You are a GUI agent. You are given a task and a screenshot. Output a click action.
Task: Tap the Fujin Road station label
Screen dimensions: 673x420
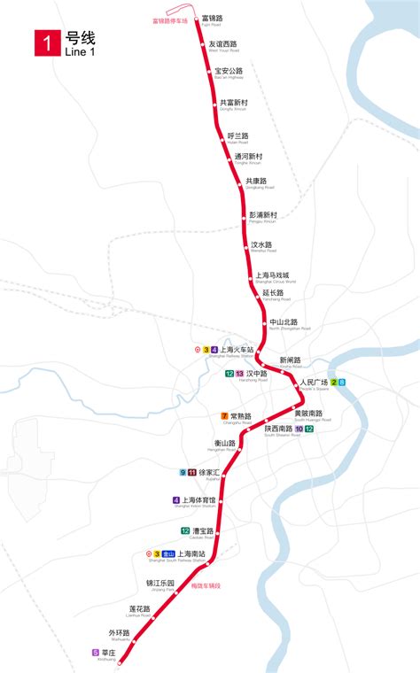tap(212, 20)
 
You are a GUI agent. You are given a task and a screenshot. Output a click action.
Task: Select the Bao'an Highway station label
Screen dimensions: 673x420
tap(228, 73)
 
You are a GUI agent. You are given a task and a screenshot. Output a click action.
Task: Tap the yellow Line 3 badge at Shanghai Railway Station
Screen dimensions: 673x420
tap(206, 351)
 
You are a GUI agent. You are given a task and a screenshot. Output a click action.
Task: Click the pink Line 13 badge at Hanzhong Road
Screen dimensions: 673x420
tap(239, 375)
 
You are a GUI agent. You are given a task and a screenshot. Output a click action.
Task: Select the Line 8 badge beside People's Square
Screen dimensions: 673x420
tap(342, 383)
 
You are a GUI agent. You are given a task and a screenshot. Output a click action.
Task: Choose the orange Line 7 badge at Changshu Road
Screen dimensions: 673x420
tap(224, 416)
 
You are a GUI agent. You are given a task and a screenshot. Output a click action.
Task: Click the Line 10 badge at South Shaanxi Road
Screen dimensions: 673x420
tap(299, 429)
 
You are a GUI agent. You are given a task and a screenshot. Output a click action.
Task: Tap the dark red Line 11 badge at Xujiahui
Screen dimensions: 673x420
tap(192, 472)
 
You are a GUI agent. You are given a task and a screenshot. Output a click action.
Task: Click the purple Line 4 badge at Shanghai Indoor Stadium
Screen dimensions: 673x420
tap(176, 500)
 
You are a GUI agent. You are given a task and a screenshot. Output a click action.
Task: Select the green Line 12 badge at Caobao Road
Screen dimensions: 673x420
tap(185, 531)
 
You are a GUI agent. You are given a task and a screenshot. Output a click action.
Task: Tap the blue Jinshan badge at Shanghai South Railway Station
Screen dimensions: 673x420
tap(167, 554)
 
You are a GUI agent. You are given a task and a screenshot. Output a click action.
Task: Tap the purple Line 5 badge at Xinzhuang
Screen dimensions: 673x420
tap(95, 653)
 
